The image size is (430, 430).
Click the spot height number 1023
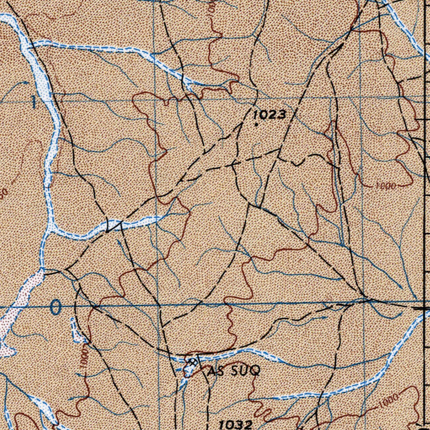270,115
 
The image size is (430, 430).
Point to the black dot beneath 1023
256,124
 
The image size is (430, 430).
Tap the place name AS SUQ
234,371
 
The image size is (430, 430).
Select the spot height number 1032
235,424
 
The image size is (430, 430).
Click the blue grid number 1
34,102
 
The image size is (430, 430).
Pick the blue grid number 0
55,308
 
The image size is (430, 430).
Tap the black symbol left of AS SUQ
192,362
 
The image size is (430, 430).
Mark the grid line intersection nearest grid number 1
155,100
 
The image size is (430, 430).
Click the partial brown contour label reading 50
3,194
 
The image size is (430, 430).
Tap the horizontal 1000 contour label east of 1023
385,186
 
